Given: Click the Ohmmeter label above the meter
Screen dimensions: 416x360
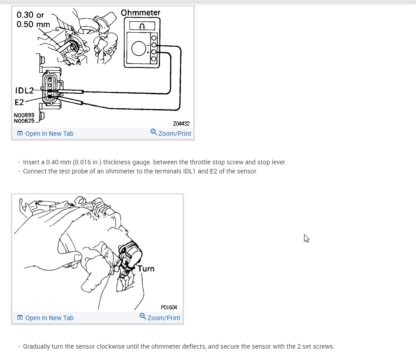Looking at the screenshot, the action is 140,13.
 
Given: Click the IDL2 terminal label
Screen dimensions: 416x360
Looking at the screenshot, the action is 24,91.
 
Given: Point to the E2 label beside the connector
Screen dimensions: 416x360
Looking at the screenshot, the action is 19,102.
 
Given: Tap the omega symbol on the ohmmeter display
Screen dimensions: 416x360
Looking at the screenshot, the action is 142,26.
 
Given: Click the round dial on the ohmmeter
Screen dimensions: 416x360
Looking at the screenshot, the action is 139,48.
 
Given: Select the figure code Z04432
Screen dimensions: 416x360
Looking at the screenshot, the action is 181,124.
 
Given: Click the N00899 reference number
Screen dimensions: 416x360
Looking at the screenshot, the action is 24,115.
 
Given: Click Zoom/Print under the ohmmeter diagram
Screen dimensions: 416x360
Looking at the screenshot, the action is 171,133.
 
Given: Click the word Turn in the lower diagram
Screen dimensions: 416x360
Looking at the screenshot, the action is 146,269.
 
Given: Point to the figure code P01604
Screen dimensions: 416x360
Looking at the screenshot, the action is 169,307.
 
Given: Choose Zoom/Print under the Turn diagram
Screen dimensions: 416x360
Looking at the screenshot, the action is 160,317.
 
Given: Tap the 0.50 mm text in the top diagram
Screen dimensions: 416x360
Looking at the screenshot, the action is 33,24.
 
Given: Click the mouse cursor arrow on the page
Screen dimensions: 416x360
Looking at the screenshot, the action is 306,238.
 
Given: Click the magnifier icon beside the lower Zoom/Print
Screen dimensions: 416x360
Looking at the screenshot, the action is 143,316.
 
